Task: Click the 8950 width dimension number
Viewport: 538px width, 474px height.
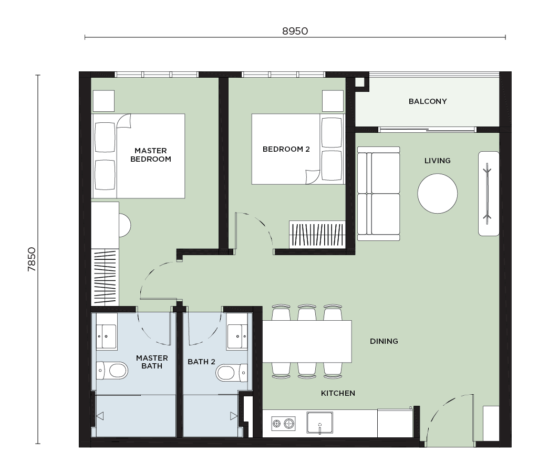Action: point(295,31)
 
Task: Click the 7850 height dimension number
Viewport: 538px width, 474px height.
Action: point(32,259)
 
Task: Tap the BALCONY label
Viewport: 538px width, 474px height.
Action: point(428,101)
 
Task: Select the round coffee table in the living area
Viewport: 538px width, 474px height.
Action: point(438,194)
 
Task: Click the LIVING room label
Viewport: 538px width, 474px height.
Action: point(438,161)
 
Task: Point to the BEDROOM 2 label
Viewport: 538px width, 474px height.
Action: point(286,149)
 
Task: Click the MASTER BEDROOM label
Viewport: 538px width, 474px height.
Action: point(151,155)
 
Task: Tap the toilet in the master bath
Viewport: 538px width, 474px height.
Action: point(112,370)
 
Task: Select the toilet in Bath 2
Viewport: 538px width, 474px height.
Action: point(232,373)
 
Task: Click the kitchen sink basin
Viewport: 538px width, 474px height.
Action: point(320,423)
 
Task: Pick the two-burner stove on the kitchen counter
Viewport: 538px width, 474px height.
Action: point(283,424)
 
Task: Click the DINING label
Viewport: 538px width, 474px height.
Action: point(384,341)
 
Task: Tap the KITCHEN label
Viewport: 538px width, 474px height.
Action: point(338,394)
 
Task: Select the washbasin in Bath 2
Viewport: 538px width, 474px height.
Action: point(237,336)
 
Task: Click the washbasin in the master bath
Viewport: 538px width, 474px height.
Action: point(106,336)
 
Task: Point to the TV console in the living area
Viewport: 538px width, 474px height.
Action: point(489,194)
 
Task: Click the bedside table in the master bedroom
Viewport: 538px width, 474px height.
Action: point(104,101)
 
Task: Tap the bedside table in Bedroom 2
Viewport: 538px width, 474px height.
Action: point(333,101)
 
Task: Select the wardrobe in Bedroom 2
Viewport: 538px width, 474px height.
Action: point(317,235)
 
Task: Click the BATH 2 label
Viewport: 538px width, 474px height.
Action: point(201,362)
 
